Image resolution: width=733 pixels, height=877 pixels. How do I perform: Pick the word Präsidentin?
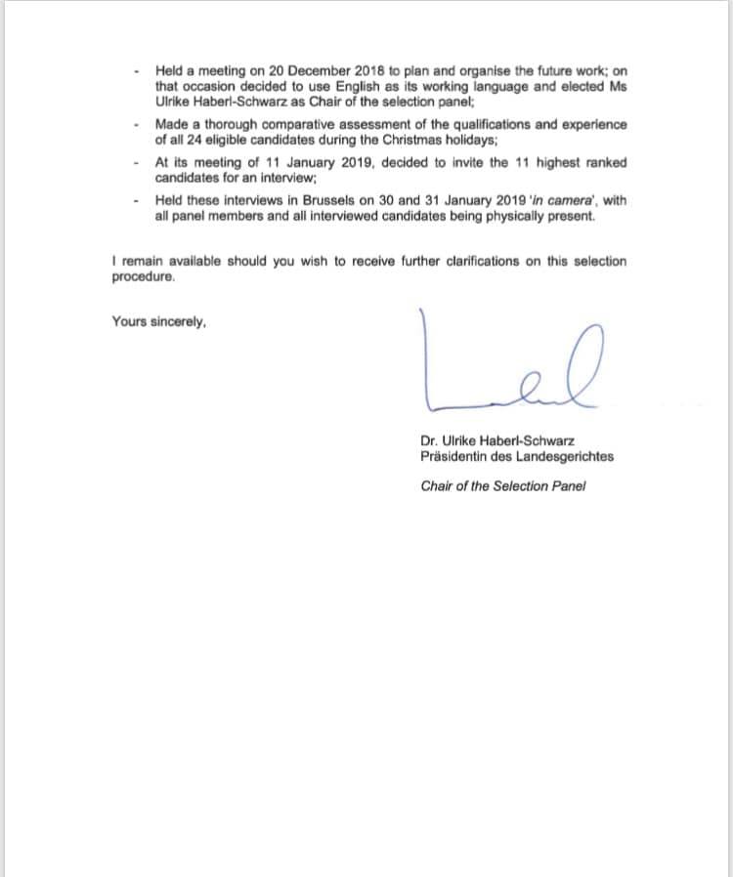[x=455, y=456]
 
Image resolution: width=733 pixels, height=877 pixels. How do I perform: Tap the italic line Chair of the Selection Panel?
[x=502, y=486]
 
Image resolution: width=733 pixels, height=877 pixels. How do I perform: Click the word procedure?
[x=144, y=276]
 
